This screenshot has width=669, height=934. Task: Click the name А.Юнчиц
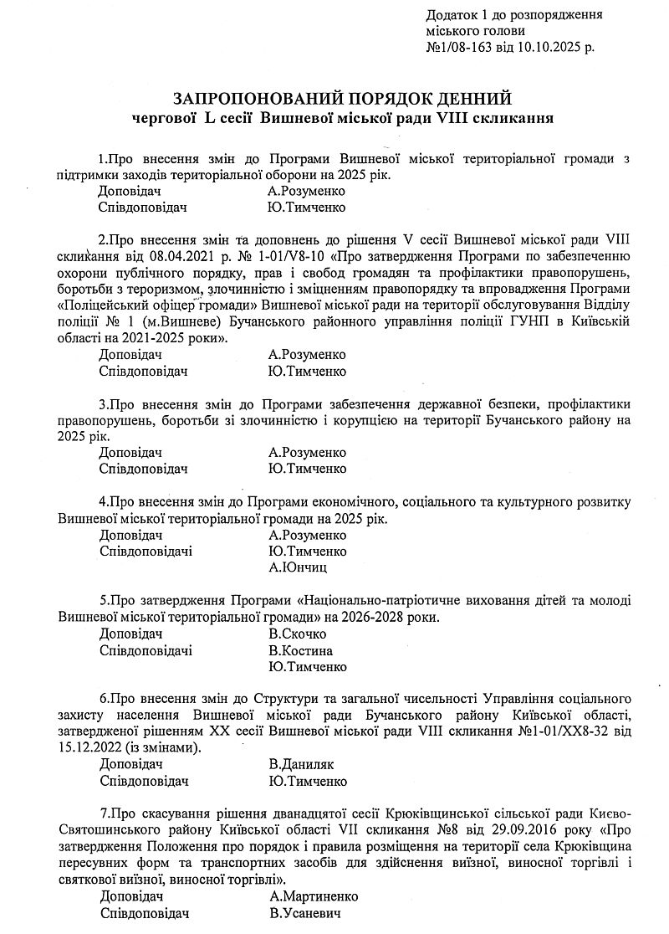click(x=298, y=567)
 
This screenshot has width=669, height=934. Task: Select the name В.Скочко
click(x=298, y=634)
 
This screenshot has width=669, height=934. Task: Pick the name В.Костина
click(x=301, y=650)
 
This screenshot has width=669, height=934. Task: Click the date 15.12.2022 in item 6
click(x=87, y=747)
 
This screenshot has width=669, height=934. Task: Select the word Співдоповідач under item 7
click(x=144, y=913)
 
